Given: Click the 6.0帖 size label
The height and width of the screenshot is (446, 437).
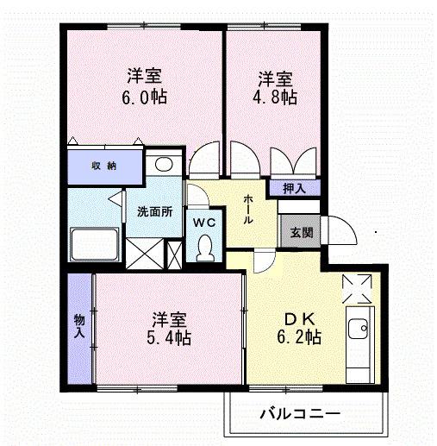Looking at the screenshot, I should [x=145, y=97].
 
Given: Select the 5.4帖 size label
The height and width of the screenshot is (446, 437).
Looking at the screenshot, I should [x=168, y=337].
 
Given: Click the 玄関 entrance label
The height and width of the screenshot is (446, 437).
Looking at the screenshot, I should [x=301, y=232].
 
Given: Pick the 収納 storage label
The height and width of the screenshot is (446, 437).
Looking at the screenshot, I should [x=104, y=166].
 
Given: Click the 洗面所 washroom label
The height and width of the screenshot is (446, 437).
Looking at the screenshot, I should [x=155, y=212].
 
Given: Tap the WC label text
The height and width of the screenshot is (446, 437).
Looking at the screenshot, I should [x=203, y=222].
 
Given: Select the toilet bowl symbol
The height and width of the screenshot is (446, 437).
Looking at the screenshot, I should [x=203, y=249].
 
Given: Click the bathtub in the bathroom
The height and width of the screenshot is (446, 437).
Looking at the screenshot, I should [x=95, y=245].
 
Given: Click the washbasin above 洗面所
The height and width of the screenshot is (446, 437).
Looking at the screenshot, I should [x=161, y=164].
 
